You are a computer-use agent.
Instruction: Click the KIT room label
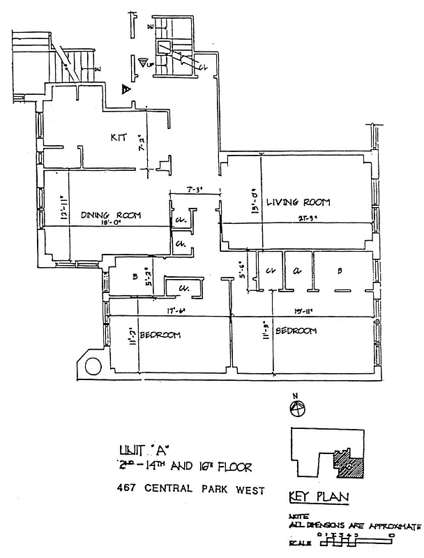[x=119, y=137]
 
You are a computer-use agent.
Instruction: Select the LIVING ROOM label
[x=302, y=202]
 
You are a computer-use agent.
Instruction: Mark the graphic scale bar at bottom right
[x=356, y=542]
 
